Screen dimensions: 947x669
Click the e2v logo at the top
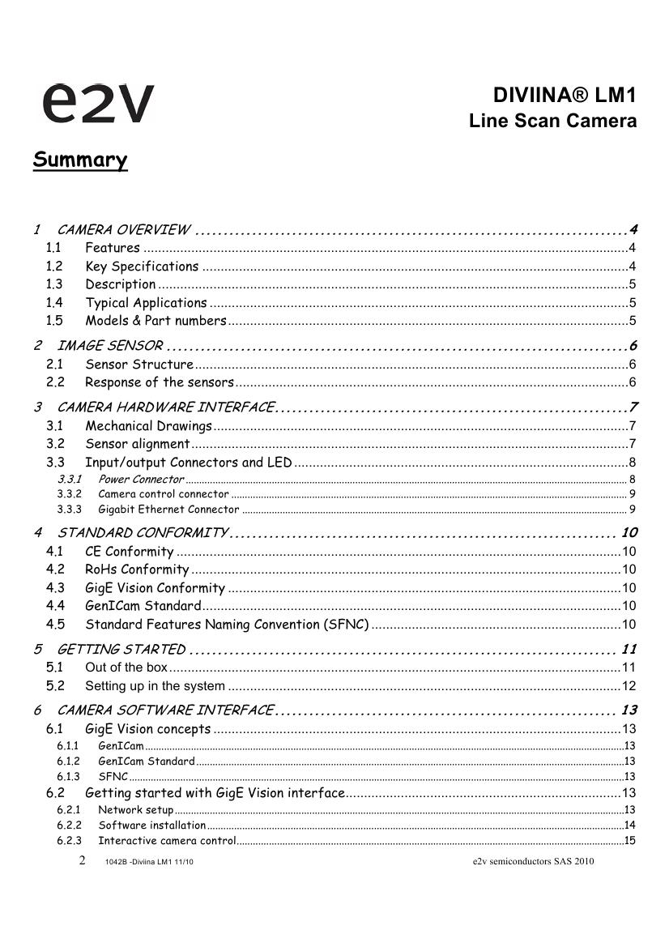97,104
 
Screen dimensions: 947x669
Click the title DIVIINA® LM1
565,96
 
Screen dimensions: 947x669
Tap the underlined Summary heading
80,160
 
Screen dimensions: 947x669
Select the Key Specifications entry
142,267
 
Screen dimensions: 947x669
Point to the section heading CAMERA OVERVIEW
124,230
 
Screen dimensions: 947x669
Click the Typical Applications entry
146,303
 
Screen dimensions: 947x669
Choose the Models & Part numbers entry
156,321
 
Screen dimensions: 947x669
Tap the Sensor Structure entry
139,365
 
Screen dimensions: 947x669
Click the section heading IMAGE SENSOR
110,346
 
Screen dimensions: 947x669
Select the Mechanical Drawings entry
148,426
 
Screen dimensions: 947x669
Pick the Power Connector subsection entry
141,480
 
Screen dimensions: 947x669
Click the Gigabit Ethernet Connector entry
168,510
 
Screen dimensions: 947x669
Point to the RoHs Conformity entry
137,569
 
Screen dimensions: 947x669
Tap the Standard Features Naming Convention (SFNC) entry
227,625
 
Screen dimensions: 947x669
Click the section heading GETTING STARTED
121,649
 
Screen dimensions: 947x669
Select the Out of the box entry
126,668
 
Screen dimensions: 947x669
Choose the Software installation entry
152,825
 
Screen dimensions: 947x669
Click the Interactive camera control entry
167,840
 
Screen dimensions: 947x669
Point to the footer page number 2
83,860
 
